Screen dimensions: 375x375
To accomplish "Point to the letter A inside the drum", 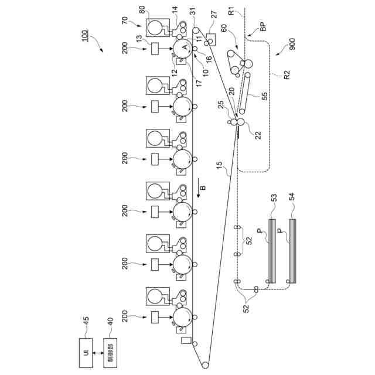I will pyautogui.click(x=185, y=46).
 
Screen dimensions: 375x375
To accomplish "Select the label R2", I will pyautogui.click(x=287, y=77).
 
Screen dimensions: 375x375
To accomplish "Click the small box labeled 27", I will pyautogui.click(x=212, y=39).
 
